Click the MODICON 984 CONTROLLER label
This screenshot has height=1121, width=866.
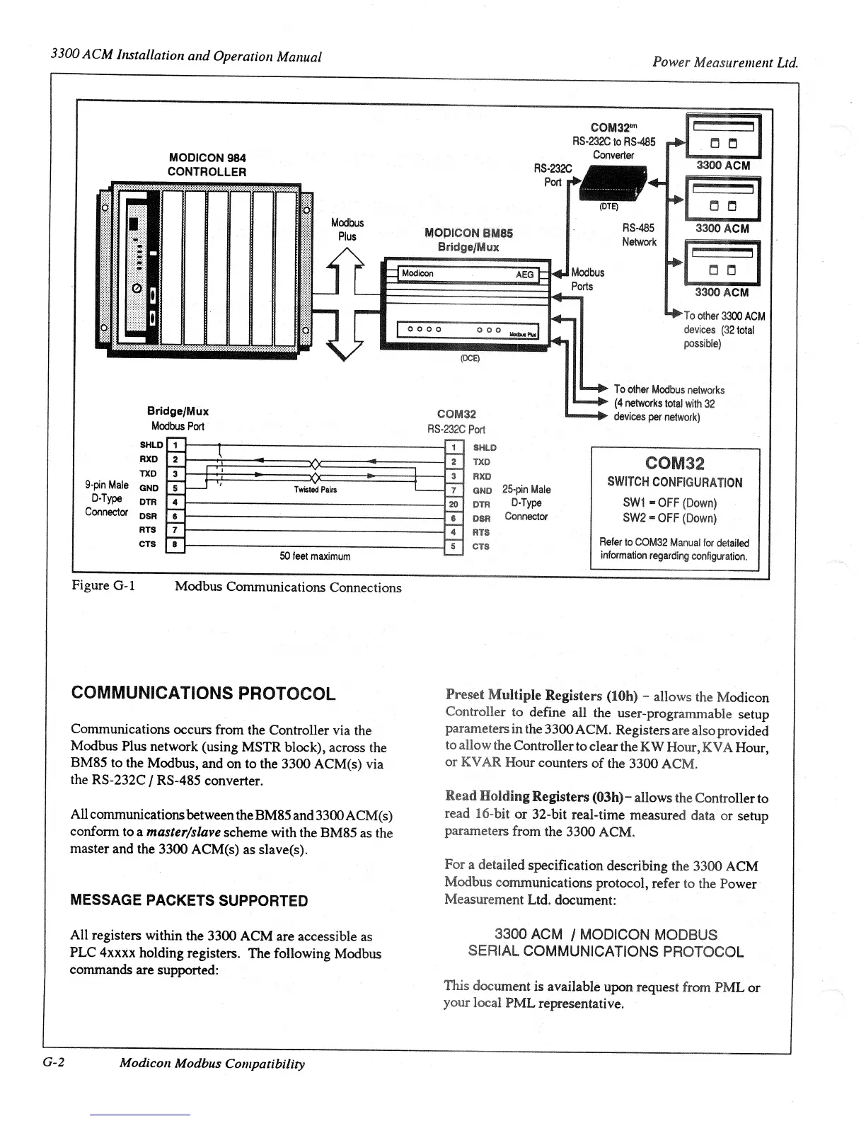[207, 165]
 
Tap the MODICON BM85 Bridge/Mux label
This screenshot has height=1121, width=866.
[468, 240]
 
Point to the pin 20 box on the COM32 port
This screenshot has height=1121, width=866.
[454, 504]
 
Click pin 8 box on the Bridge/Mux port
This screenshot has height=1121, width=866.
[175, 544]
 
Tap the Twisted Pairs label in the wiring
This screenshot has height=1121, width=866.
[316, 490]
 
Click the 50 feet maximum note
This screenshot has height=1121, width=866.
[315, 556]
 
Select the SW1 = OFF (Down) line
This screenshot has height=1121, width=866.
[669, 503]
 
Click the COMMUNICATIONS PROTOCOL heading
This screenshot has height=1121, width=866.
[204, 693]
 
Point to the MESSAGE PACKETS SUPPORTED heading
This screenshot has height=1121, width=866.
[189, 900]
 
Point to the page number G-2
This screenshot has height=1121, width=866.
[54, 1062]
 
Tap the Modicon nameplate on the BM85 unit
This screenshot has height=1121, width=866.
[417, 274]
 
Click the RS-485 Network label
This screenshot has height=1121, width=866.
[639, 235]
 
